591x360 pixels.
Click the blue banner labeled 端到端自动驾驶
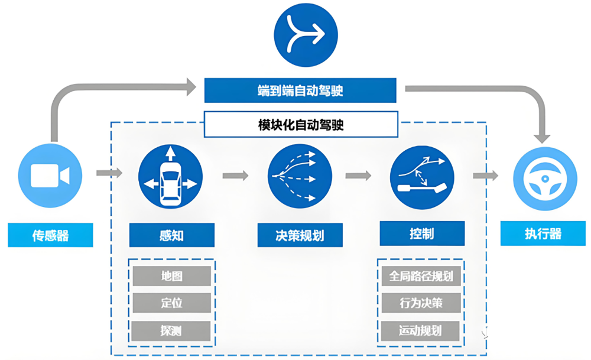click(x=300, y=90)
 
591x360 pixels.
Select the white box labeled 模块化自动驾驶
click(x=300, y=125)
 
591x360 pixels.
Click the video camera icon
click(x=50, y=176)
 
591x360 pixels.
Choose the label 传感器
click(x=50, y=235)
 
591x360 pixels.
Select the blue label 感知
click(x=171, y=235)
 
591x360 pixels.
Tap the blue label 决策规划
click(x=300, y=236)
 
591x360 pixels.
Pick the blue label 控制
click(x=421, y=234)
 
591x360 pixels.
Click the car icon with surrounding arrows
click(x=170, y=176)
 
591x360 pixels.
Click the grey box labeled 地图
click(x=171, y=276)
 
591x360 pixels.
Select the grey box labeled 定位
click(x=171, y=303)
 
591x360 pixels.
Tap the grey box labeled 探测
click(x=171, y=330)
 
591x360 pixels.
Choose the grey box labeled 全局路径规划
click(x=421, y=276)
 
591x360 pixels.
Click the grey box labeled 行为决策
click(x=421, y=303)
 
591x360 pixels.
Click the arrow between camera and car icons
click(x=109, y=173)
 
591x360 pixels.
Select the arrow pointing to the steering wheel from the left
click(x=485, y=176)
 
